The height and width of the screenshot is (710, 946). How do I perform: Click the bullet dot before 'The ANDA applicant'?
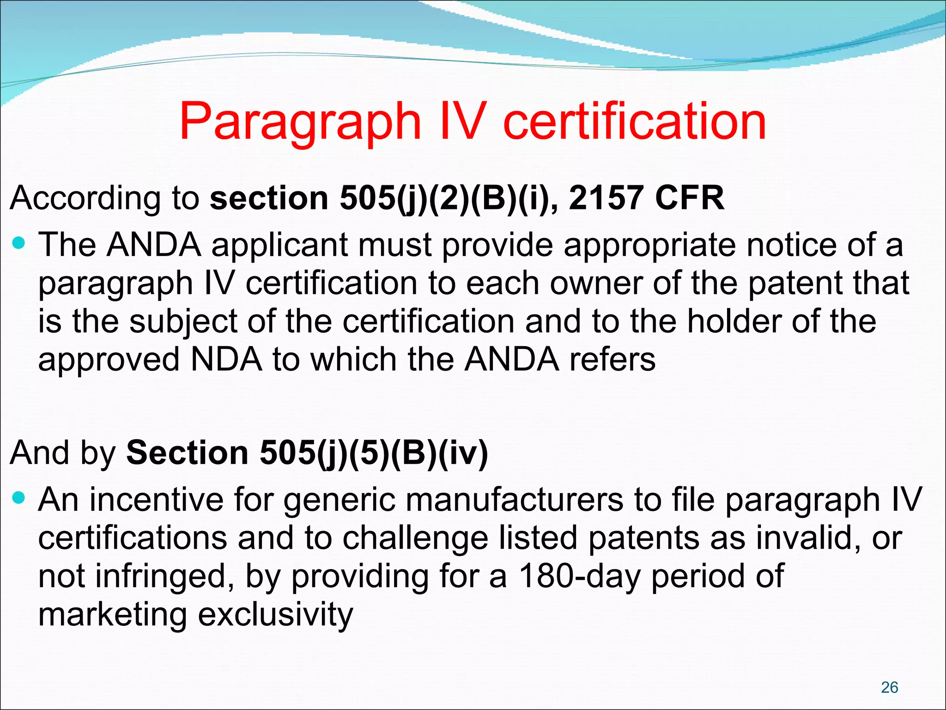tap(19, 242)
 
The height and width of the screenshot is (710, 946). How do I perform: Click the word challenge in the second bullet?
tap(415, 539)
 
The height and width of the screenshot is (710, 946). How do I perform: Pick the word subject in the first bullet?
tap(183, 322)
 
